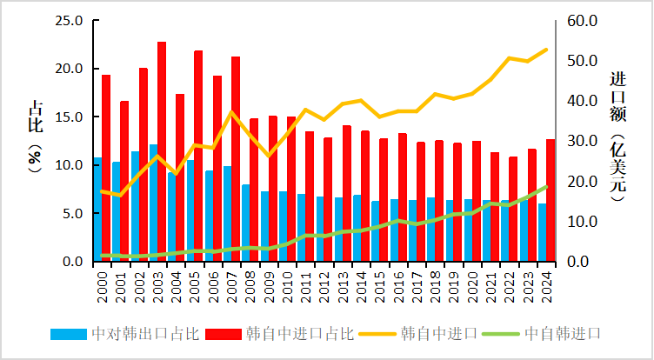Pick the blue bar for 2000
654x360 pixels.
pyautogui.click(x=97, y=210)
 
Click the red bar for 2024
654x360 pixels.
pyautogui.click(x=551, y=200)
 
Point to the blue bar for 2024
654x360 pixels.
pyautogui.click(x=542, y=232)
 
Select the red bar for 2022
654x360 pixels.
pyautogui.click(x=513, y=209)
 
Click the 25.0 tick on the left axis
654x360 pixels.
pyautogui.click(x=69, y=20)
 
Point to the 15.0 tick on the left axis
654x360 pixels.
pyautogui.click(x=69, y=117)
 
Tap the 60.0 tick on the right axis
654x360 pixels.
pyautogui.click(x=584, y=20)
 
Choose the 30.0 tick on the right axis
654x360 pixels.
pyautogui.click(x=584, y=141)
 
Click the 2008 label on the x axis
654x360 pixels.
pyautogui.click(x=246, y=284)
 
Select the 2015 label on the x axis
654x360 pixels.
pyautogui.click(x=376, y=284)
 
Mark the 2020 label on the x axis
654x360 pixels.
pyautogui.click(x=469, y=284)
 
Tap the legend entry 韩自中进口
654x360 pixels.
pyautogui.click(x=439, y=333)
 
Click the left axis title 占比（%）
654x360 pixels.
pyautogui.click(x=36, y=139)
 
